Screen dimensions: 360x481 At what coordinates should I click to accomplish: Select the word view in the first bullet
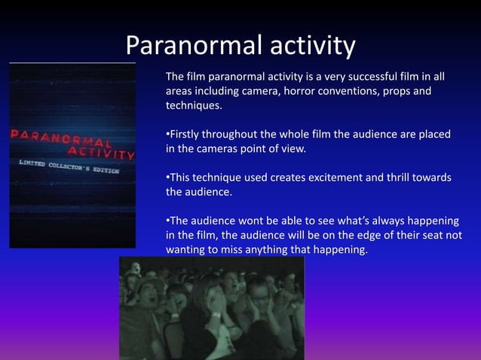pos(293,148)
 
